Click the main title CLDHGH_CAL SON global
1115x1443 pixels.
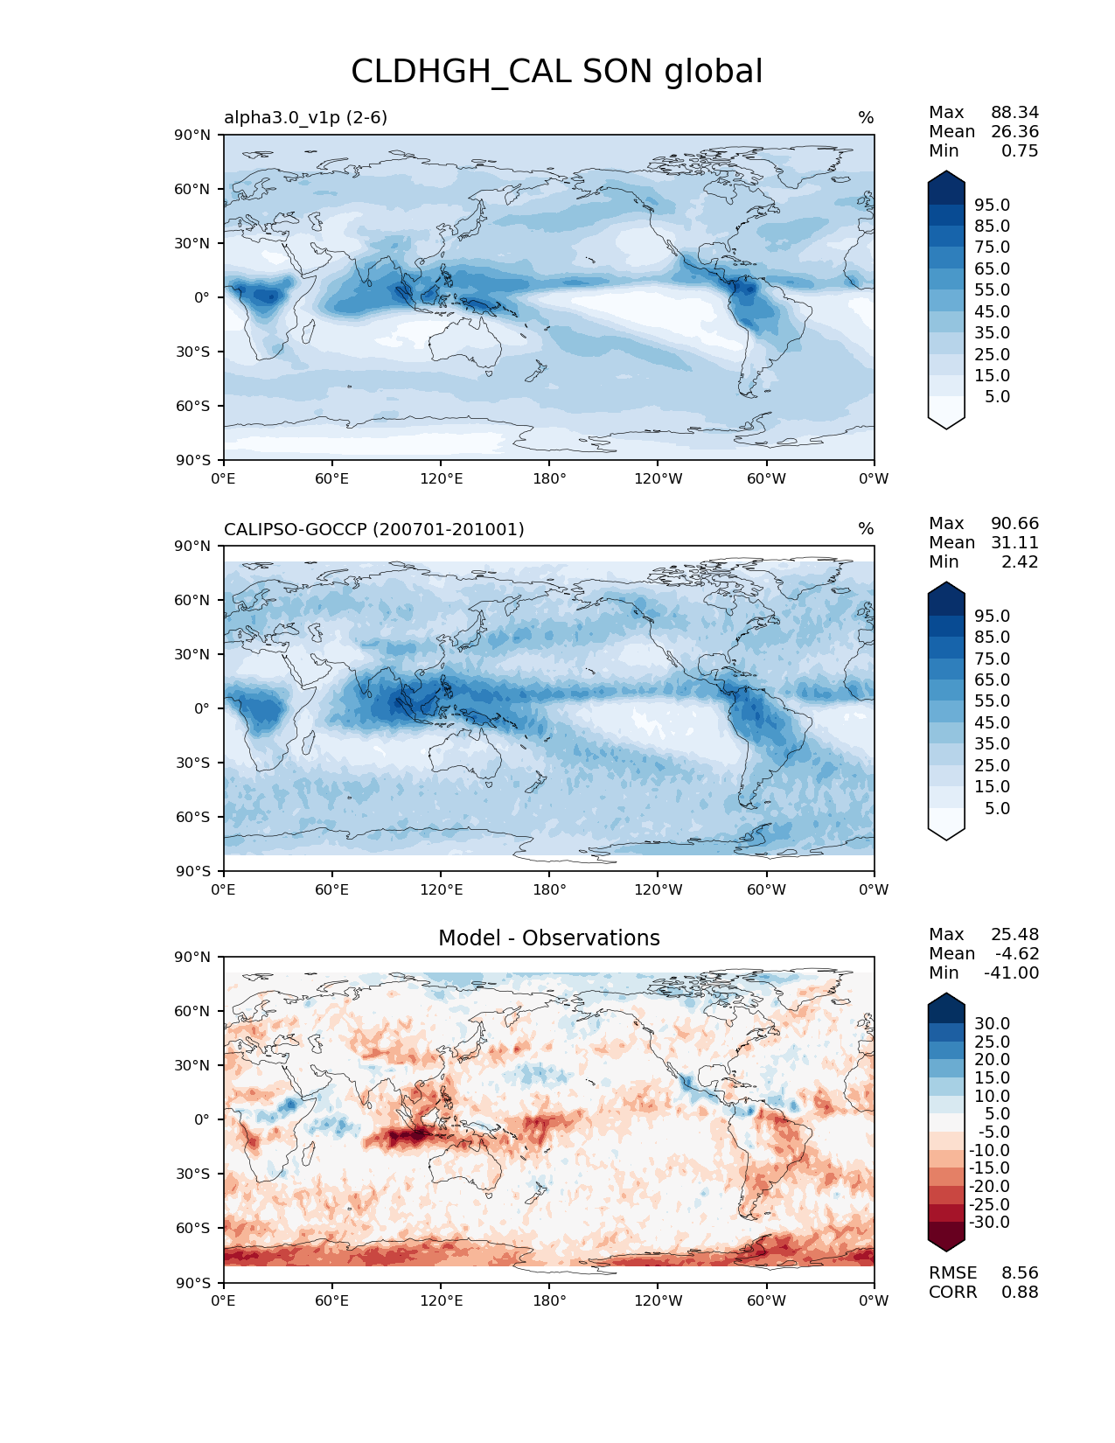point(556,72)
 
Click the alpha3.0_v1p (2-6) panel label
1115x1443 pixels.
point(305,117)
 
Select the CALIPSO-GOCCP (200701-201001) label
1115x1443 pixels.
point(373,529)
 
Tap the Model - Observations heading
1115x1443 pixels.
point(548,938)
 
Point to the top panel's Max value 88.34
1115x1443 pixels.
point(1014,113)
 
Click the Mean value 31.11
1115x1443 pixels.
point(1014,543)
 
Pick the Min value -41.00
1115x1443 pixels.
point(1011,973)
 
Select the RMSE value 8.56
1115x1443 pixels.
point(1020,1273)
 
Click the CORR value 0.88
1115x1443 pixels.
point(1020,1293)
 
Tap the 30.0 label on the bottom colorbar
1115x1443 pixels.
point(992,1024)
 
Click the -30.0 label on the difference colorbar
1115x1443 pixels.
point(989,1223)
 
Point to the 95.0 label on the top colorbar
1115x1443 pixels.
point(992,206)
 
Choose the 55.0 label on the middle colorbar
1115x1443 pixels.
point(992,701)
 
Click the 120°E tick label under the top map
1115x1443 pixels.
point(441,479)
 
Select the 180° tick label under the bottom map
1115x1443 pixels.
point(549,1301)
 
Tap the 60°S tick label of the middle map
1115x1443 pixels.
point(193,818)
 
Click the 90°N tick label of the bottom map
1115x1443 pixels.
point(193,958)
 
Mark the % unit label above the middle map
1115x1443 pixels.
point(866,529)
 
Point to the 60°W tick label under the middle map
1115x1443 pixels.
point(766,890)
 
